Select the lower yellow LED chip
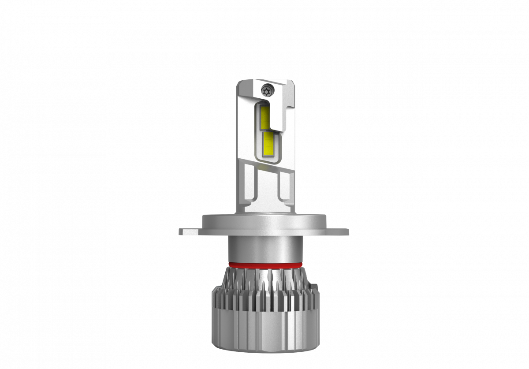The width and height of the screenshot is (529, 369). pyautogui.click(x=268, y=145)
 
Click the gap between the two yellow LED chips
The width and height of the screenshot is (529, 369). pyautogui.click(x=266, y=130)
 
